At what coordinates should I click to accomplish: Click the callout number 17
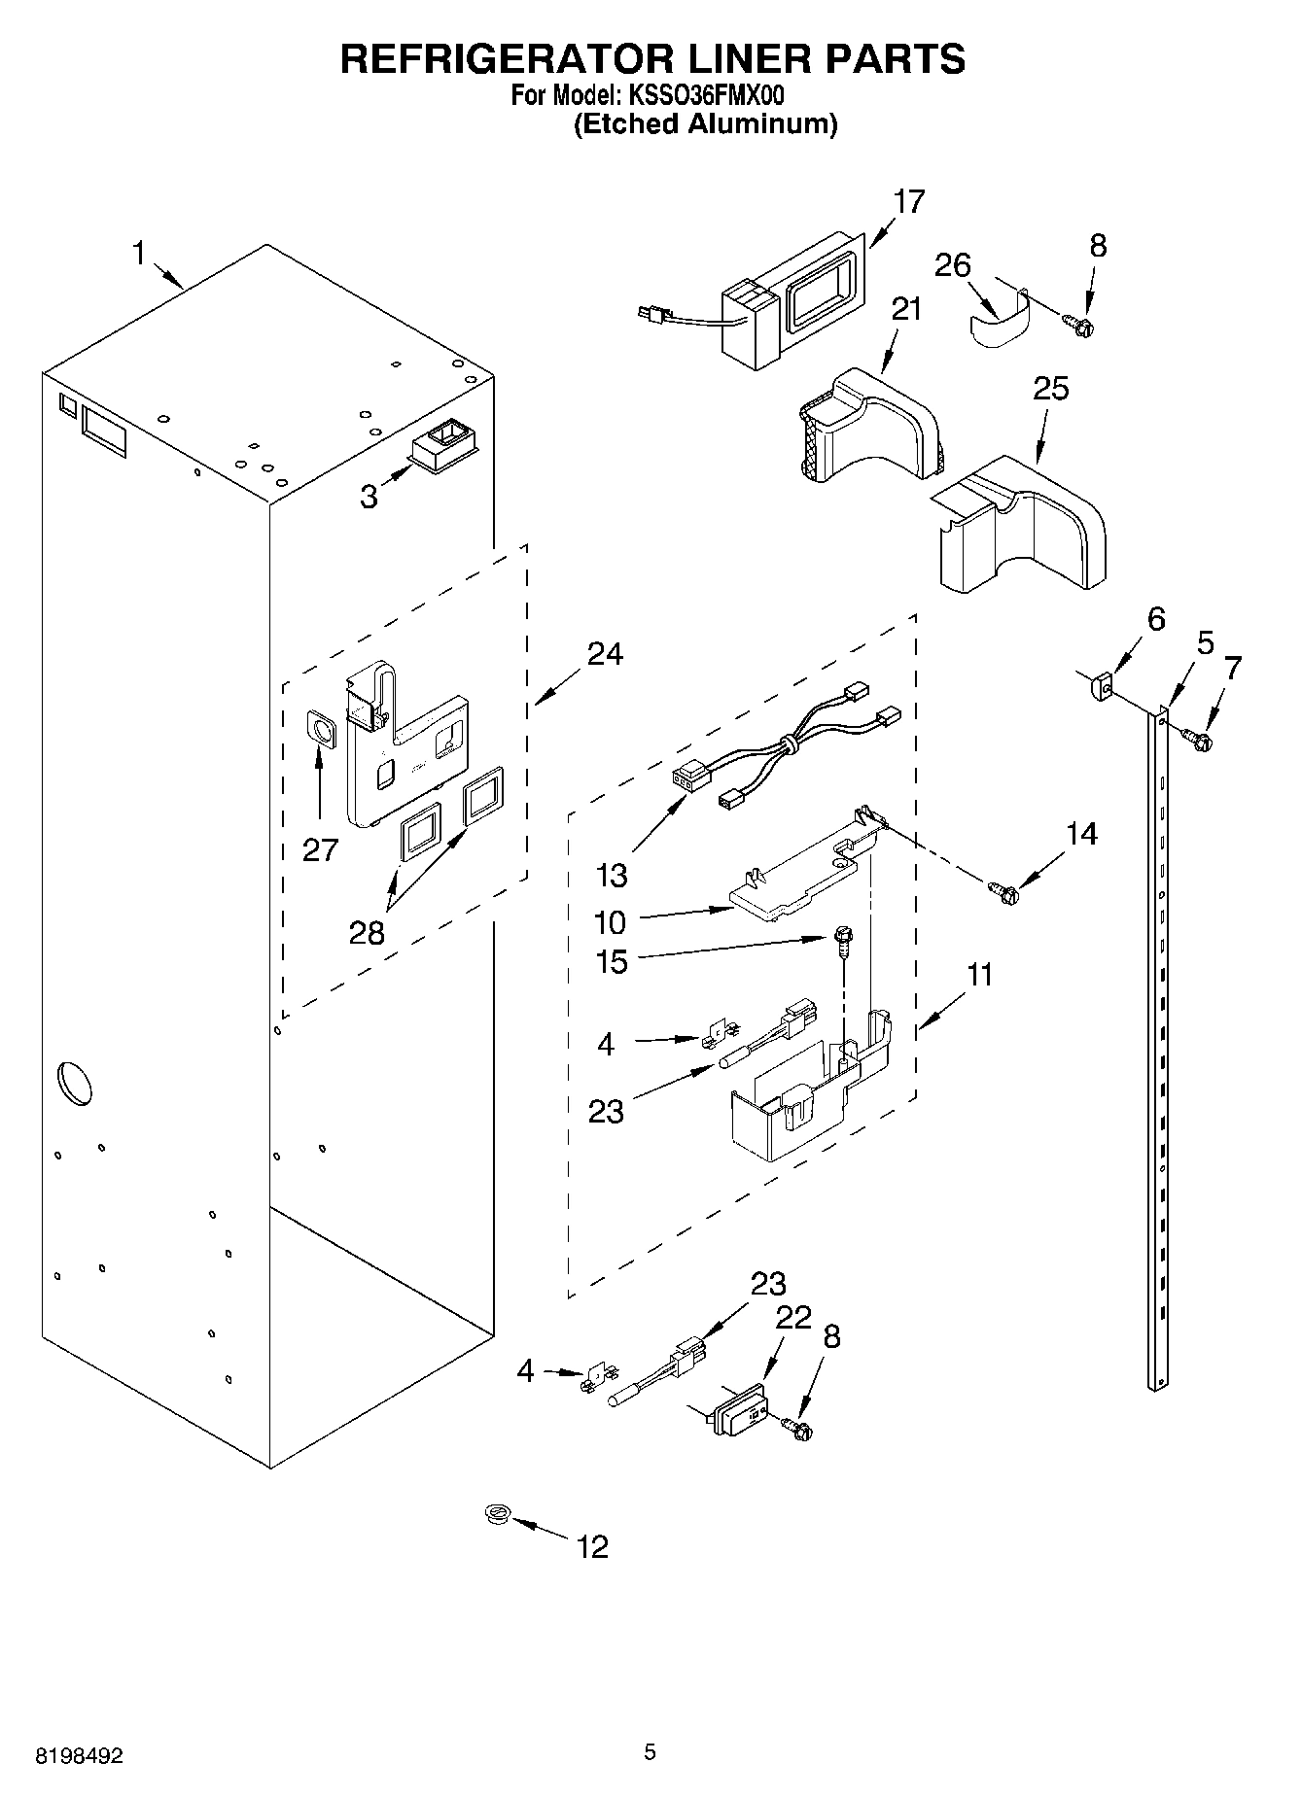point(909,201)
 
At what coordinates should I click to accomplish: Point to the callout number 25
point(1050,389)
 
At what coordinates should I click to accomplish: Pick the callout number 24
point(605,654)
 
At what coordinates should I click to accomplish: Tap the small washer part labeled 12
point(499,1513)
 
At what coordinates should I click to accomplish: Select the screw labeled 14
point(1002,888)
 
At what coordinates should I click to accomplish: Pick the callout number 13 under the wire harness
point(612,875)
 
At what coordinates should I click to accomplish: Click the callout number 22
point(793,1318)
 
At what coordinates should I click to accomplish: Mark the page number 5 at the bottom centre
point(650,1751)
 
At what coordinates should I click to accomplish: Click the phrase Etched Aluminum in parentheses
point(705,124)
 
